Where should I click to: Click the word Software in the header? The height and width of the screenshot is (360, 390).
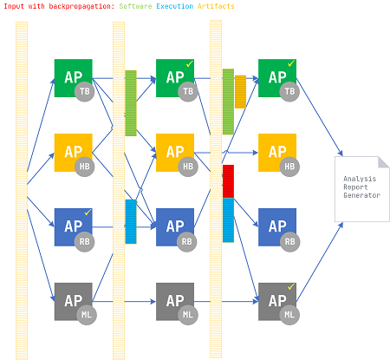(x=135, y=6)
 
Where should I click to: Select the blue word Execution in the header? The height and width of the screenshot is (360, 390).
(x=175, y=6)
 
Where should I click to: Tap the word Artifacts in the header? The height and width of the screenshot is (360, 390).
(x=216, y=6)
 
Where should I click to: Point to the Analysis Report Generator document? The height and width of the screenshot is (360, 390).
(x=362, y=189)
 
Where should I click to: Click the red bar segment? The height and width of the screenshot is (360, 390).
(x=228, y=181)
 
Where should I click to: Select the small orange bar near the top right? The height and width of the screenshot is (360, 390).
(x=240, y=92)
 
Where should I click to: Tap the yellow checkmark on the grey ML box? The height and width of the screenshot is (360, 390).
(x=290, y=286)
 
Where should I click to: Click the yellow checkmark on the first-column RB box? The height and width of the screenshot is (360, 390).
(x=88, y=212)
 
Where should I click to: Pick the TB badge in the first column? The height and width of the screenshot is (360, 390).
(x=85, y=92)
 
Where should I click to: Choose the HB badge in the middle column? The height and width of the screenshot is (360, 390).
(x=188, y=167)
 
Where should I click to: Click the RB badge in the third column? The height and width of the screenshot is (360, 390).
(x=289, y=242)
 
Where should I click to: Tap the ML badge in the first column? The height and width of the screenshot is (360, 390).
(x=87, y=315)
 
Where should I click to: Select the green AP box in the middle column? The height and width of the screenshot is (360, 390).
(x=175, y=78)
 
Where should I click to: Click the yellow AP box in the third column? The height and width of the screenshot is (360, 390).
(x=277, y=153)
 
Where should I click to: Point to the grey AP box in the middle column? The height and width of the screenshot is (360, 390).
(x=175, y=302)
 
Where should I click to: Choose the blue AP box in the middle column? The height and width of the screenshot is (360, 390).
(x=175, y=227)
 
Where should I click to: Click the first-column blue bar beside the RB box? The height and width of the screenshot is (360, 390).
(x=131, y=221)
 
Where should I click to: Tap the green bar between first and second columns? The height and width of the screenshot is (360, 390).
(x=131, y=103)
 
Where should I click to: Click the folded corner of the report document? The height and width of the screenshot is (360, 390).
(x=384, y=162)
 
